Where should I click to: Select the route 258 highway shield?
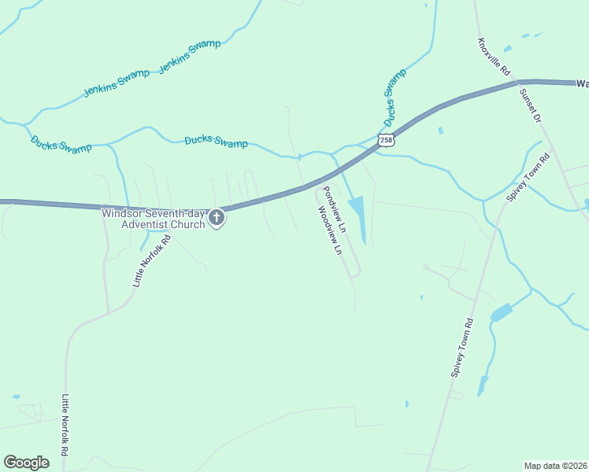coord(385,140)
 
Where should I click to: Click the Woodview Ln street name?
coord(329,230)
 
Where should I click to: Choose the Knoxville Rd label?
coord(495,57)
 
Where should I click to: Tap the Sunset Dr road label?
coord(530,105)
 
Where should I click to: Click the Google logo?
coord(27,463)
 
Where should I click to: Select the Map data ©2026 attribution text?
coord(554,466)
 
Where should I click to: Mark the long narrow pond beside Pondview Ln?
coord(358,216)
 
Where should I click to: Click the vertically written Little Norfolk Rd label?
coord(65,425)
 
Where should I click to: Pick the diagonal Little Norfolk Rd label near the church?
coord(151,260)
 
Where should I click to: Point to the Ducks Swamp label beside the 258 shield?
coord(395,98)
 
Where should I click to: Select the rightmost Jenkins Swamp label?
coord(190,56)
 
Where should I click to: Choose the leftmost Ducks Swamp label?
coord(61,143)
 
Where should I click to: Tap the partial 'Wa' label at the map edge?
coord(582,83)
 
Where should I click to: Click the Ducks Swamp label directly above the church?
coord(216,142)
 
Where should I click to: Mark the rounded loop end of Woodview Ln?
coord(357,273)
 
